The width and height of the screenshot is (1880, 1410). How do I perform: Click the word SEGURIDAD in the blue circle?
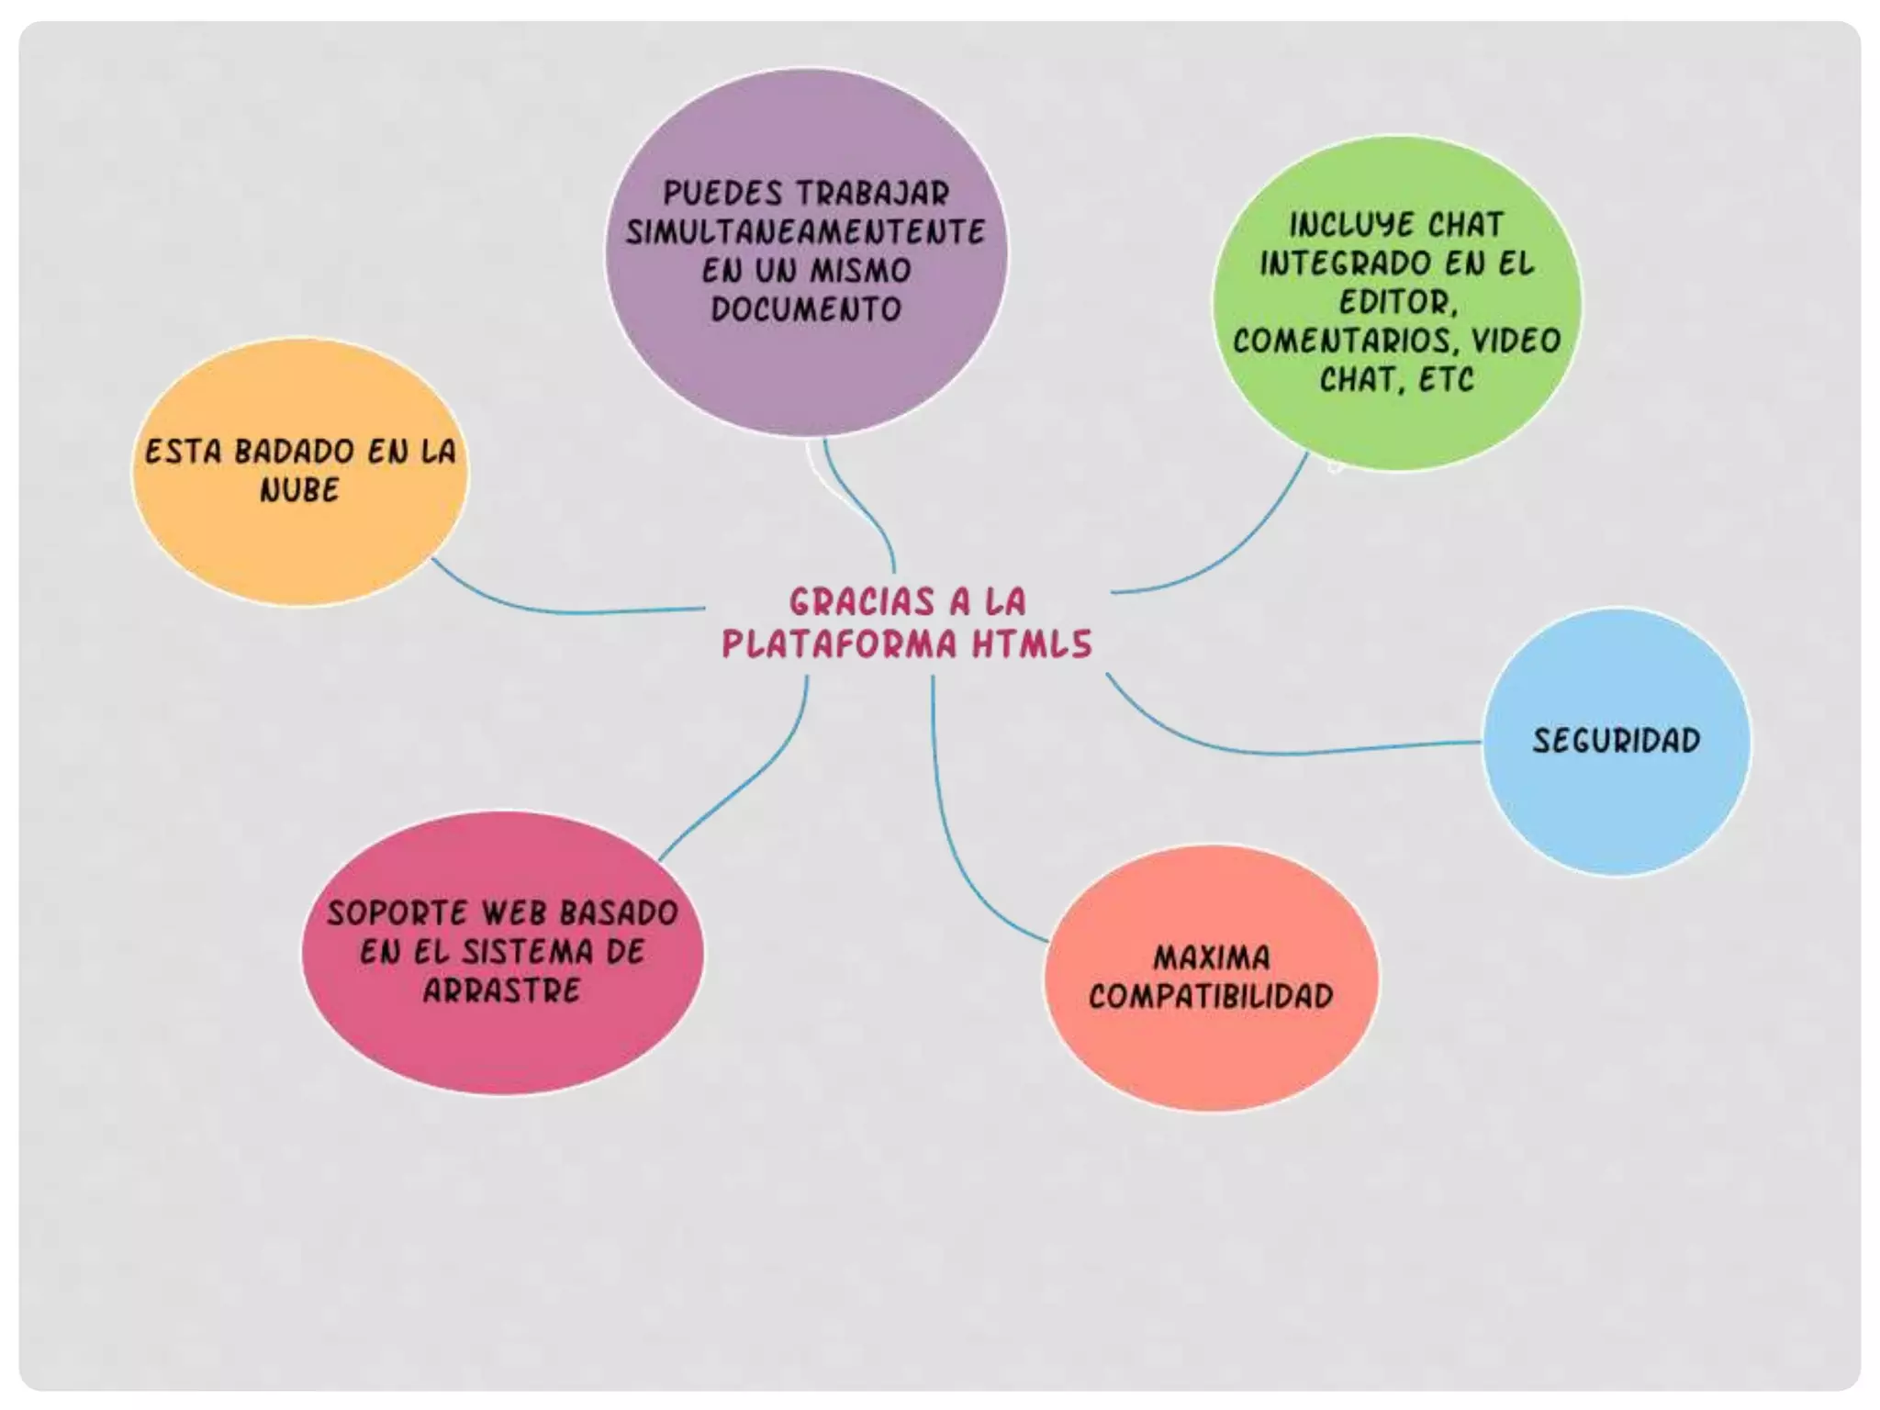pos(1616,741)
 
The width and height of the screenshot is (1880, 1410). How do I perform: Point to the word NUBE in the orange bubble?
pos(299,490)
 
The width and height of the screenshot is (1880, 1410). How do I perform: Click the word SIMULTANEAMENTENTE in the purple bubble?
pos(805,231)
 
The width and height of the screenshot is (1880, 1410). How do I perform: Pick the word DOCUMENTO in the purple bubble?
pos(806,309)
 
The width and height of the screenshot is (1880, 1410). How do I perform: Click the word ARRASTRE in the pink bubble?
pos(501,990)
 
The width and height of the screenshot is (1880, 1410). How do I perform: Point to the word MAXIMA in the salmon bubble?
pos(1212,958)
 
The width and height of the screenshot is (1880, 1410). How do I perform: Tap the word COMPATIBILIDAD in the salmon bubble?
pos(1211,997)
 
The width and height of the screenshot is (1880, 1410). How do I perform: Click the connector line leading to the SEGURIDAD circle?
pos(1285,752)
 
